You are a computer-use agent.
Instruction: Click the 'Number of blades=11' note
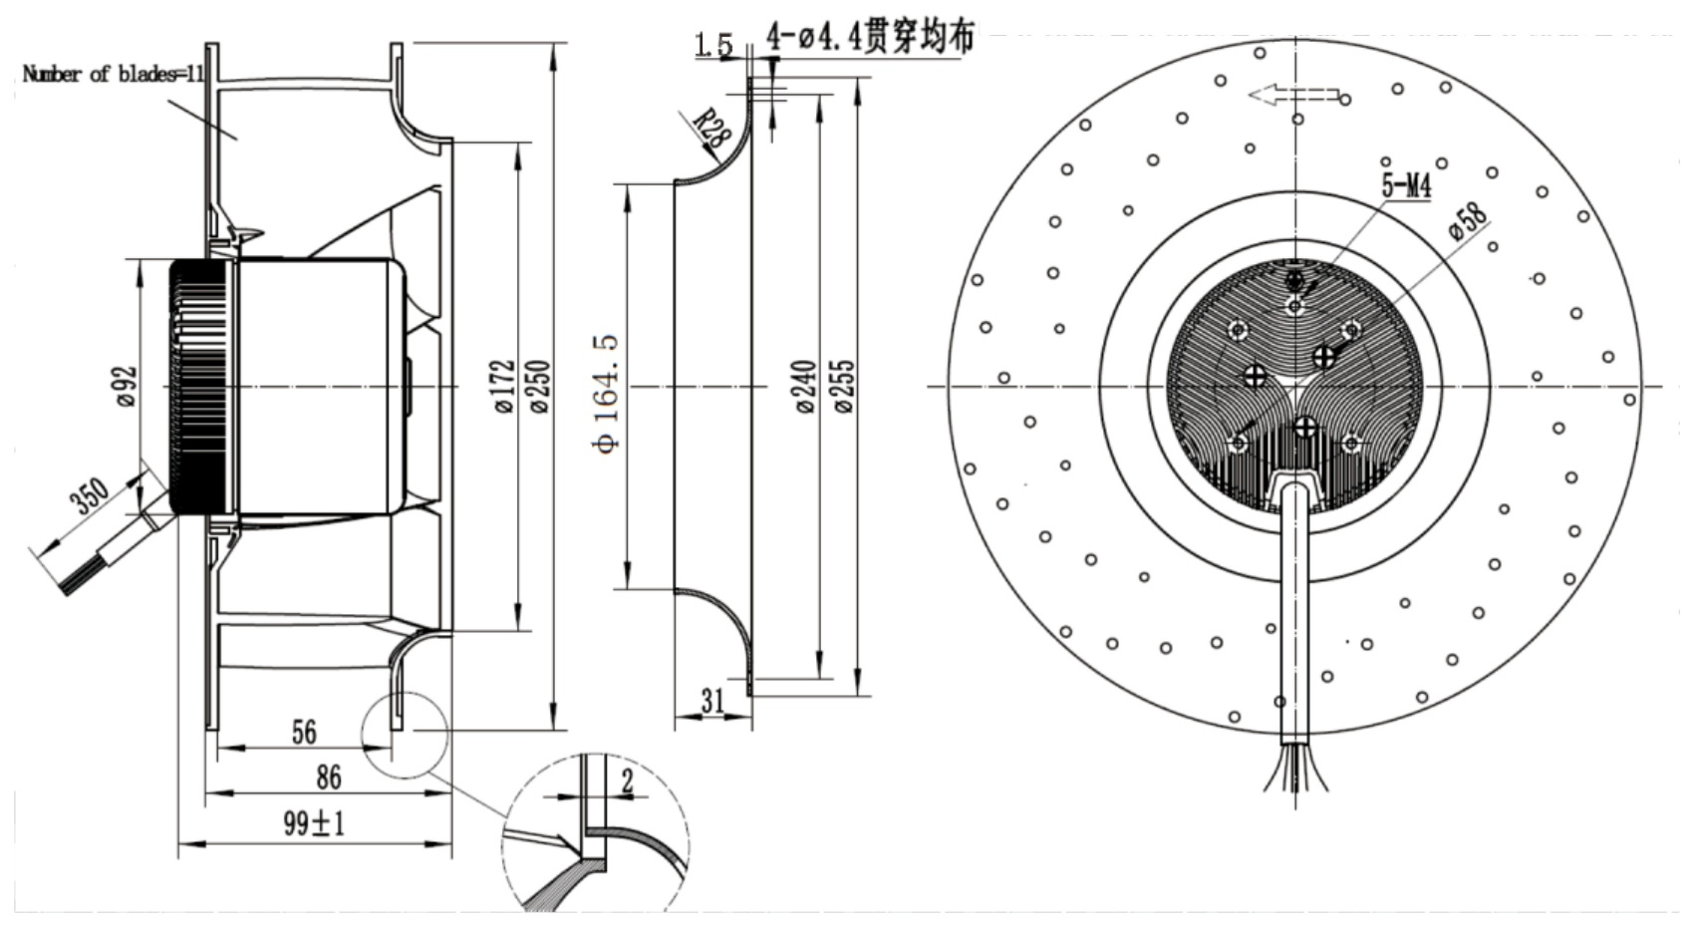pos(113,74)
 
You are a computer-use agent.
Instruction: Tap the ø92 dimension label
pos(127,386)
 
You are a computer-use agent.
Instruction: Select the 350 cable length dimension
pos(90,495)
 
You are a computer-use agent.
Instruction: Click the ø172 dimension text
pos(503,386)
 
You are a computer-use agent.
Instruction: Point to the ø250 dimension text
pos(539,386)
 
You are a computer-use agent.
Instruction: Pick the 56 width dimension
pos(303,732)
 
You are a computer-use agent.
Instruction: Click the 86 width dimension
pos(328,777)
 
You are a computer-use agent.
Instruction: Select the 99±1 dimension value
pos(314,823)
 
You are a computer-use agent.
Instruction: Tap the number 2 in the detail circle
pos(627,780)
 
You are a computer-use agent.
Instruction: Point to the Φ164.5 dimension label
pos(608,393)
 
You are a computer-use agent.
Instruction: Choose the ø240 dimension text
pos(806,386)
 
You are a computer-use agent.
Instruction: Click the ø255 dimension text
pos(844,386)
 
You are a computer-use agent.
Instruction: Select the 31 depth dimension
pos(712,701)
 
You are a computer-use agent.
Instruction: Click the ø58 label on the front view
pos(1468,221)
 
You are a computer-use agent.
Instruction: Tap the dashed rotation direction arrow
pos(1294,96)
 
